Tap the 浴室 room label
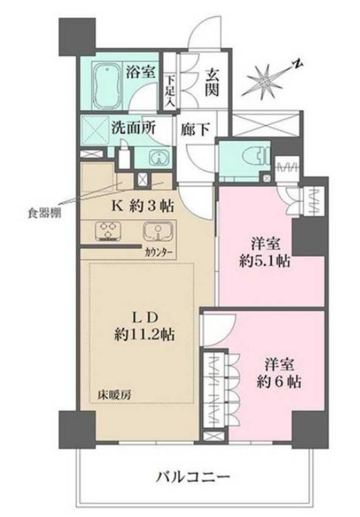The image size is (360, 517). (x=141, y=72)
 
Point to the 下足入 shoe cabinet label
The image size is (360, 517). (x=170, y=91)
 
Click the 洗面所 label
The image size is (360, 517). (x=132, y=128)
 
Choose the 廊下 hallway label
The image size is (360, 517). (x=195, y=129)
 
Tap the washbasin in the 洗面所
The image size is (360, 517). (x=159, y=158)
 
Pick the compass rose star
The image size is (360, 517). (x=265, y=79)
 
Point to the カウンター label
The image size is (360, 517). (x=159, y=252)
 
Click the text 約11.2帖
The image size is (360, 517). (x=144, y=335)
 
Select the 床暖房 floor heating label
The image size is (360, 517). (x=114, y=395)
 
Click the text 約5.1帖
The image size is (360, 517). (x=264, y=262)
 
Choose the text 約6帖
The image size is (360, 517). (x=279, y=382)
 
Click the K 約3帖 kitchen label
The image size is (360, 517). (x=143, y=206)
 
